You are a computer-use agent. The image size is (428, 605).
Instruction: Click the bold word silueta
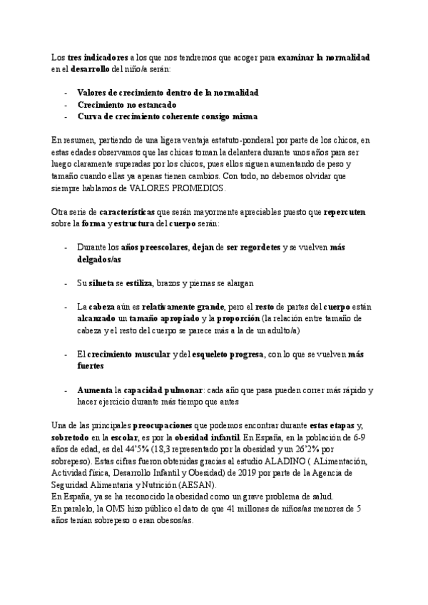tap(102, 283)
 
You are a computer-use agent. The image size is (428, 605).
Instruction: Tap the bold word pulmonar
tap(178, 390)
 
